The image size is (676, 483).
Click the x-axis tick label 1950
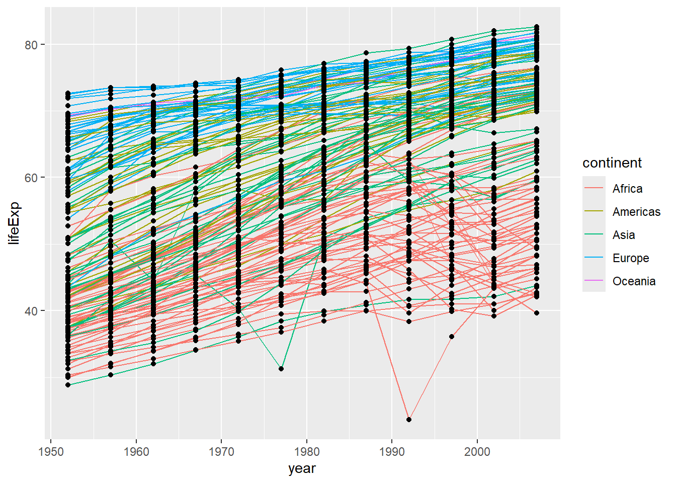51,451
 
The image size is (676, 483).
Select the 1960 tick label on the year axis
136,451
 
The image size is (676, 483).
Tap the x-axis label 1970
221,451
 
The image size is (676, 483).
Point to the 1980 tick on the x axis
307,451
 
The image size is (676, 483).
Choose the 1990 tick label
392,451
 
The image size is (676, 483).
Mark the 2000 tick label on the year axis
477,451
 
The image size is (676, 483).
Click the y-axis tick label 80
31,45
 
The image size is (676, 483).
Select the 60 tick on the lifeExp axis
31,178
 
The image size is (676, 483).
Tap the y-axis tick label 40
31,311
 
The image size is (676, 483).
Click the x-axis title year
302,468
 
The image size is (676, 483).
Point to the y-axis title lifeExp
14,223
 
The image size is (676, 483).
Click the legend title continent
612,163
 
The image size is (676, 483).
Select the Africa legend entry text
627,189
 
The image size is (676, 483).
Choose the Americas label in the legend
636,212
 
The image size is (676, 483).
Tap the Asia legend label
624,235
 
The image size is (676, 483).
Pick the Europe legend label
631,258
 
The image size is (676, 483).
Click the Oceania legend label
634,281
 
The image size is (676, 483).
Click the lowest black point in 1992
409,419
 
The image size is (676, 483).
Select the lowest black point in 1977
281,369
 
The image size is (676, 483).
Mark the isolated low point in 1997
452,337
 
